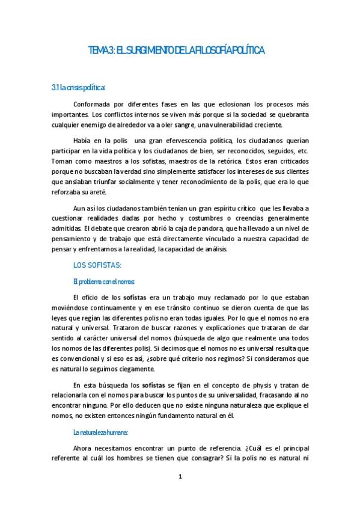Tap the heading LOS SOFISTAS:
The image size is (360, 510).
pos(97,265)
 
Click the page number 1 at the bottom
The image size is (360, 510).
pos(180,477)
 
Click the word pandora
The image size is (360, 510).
pos(209,229)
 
